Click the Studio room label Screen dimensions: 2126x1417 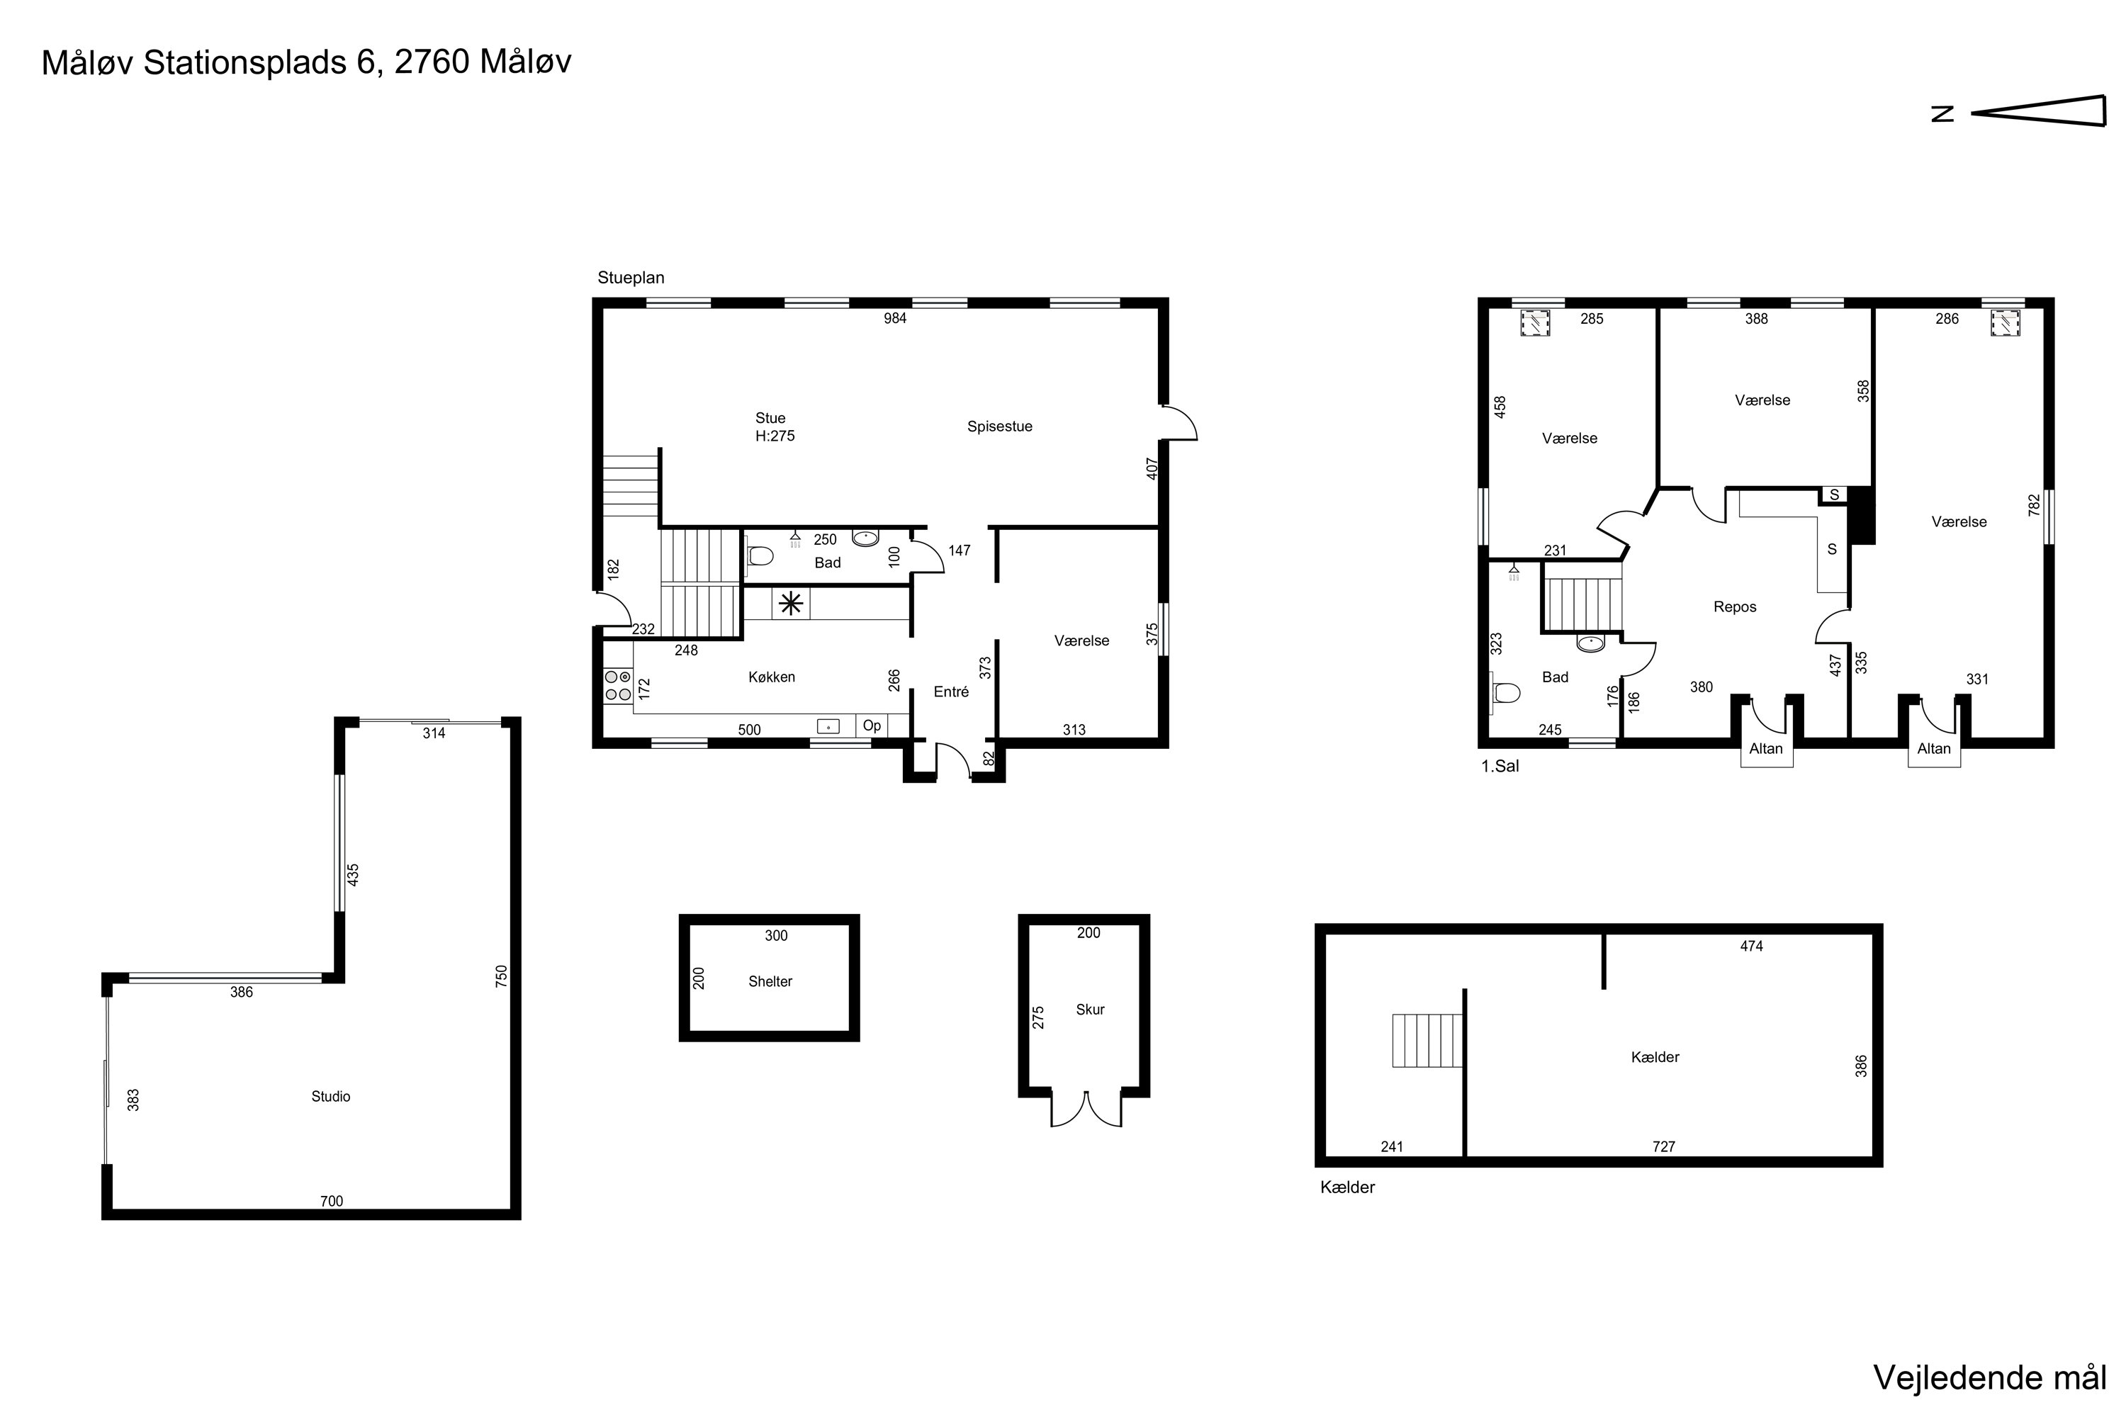click(331, 1096)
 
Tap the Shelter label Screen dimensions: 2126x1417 click(770, 981)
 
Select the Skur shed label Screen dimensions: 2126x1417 click(1090, 1010)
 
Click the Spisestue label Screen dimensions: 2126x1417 click(1000, 427)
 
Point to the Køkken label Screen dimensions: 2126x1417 click(772, 677)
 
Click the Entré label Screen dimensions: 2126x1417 click(951, 691)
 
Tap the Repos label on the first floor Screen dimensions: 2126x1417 click(1735, 607)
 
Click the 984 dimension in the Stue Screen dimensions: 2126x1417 click(895, 318)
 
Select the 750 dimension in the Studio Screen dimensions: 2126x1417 click(502, 977)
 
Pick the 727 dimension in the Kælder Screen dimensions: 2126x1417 click(1664, 1147)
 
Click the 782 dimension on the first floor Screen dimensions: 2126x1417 click(2035, 505)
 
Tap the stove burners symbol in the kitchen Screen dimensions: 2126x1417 click(618, 686)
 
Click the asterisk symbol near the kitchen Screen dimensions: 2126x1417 click(791, 604)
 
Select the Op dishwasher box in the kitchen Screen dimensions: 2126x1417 click(872, 726)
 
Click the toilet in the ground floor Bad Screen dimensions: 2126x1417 click(760, 555)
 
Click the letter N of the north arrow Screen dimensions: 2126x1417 click(1942, 114)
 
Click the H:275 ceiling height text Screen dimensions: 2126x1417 click(775, 436)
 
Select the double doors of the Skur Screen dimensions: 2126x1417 click(1086, 1110)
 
